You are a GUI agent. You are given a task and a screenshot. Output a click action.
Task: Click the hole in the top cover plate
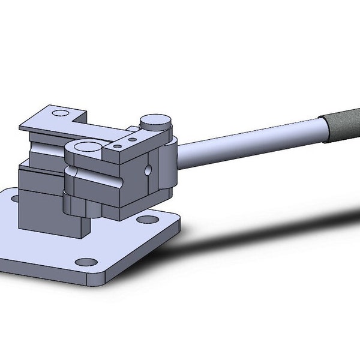(60, 112)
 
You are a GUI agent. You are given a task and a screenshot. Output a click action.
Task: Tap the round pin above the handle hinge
(156, 122)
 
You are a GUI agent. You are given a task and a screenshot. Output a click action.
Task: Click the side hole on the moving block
(148, 171)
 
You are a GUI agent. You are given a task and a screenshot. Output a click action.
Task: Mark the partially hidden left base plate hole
(13, 199)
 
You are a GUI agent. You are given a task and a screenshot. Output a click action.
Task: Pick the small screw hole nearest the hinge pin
(133, 139)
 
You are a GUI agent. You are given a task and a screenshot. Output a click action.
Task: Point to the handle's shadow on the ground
(270, 228)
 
